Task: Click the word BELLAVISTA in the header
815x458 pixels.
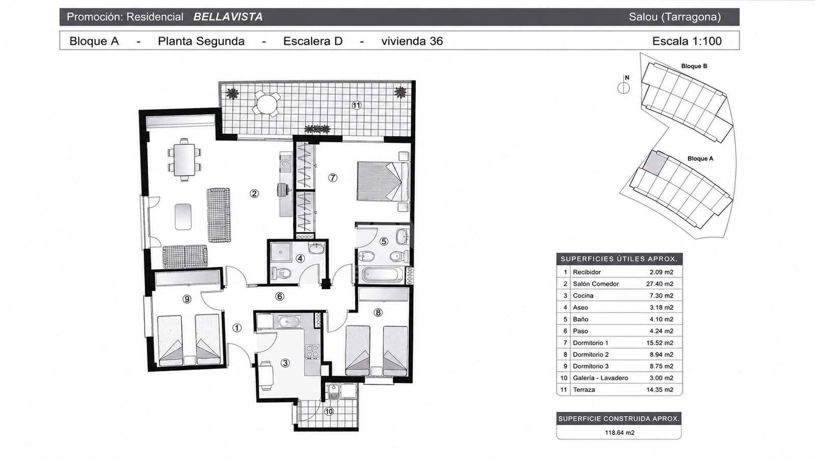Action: tap(228, 17)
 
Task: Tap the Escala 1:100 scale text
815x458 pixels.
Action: tap(687, 41)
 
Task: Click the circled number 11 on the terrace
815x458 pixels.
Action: tap(357, 105)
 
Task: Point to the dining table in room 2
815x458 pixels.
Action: tap(184, 160)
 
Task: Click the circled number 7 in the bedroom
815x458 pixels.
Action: tap(333, 178)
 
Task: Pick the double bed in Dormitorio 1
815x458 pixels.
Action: tap(383, 181)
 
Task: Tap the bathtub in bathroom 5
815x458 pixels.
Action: tap(383, 274)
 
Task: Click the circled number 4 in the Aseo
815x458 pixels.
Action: tap(300, 259)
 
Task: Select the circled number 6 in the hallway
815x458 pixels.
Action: tap(280, 296)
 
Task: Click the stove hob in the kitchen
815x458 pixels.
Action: tap(312, 351)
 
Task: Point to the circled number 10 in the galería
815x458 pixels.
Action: tap(329, 412)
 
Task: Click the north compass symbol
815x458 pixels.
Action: tap(623, 88)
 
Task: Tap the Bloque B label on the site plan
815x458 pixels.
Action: tap(694, 66)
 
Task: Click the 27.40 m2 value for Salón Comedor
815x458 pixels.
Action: tap(660, 284)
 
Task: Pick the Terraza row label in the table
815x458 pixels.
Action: tap(584, 390)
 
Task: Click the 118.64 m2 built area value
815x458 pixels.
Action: tap(619, 433)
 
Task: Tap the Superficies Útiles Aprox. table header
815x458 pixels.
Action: tap(619, 259)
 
